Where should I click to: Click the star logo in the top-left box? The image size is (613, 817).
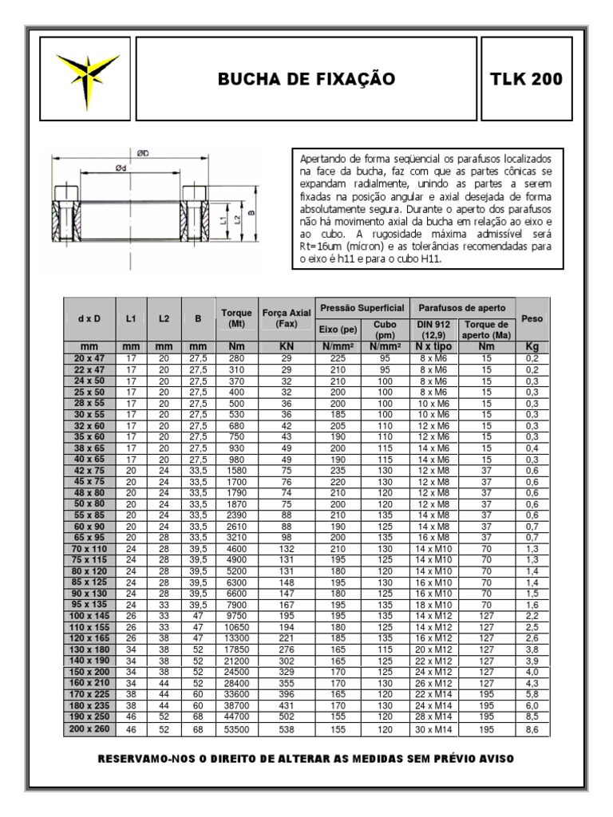[81, 78]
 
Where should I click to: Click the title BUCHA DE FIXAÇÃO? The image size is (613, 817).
[306, 79]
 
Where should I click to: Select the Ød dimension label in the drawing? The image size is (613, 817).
[121, 168]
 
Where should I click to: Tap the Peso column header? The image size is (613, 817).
[532, 318]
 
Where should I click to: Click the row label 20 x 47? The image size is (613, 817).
[89, 359]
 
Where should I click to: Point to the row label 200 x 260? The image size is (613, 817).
[89, 729]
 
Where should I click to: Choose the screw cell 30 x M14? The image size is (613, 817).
[433, 729]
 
